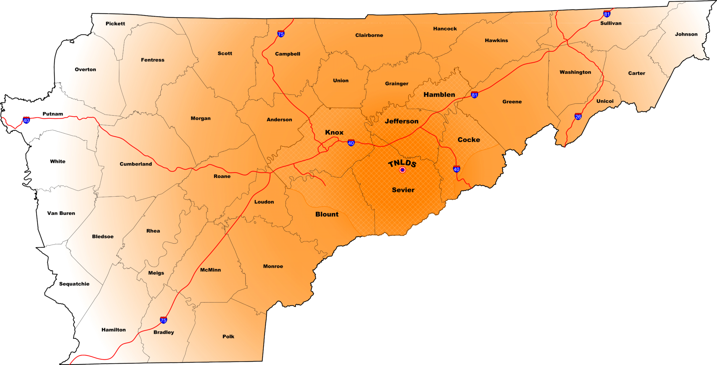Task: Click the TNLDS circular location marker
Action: tap(403, 170)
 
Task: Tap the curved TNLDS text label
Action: tap(402, 163)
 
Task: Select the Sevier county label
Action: tap(403, 190)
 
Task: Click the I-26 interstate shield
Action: tap(578, 117)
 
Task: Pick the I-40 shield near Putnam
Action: tap(26, 120)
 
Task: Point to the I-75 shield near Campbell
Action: tap(281, 34)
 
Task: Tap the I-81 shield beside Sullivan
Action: tap(607, 14)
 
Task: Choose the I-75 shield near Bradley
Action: tap(163, 320)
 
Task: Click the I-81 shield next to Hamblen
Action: tap(474, 94)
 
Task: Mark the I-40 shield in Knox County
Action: tap(351, 143)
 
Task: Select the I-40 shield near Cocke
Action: tap(457, 169)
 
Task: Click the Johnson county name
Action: tap(686, 34)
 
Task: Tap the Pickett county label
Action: tap(115, 24)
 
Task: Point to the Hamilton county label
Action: tap(113, 330)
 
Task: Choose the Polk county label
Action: tap(228, 337)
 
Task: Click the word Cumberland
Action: tap(136, 164)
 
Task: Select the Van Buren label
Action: tap(61, 213)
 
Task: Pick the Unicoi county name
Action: tap(605, 101)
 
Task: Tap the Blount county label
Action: tap(327, 215)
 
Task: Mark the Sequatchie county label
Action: tap(74, 284)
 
